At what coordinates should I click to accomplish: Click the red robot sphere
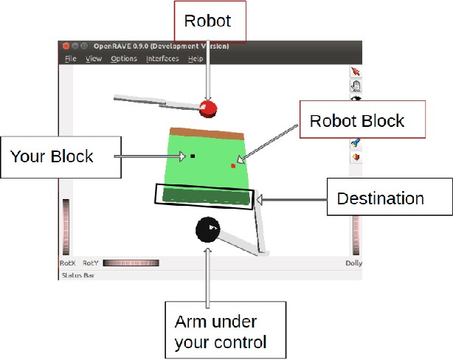(209, 109)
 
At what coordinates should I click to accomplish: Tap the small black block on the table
(192, 156)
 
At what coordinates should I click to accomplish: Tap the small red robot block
(233, 165)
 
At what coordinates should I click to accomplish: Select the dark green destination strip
(204, 196)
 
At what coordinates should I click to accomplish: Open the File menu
(70, 58)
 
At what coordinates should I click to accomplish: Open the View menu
(94, 58)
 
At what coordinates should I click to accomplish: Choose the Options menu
(124, 58)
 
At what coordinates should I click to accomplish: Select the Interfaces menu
(162, 58)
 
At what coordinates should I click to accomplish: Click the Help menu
(196, 58)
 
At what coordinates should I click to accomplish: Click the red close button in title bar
(66, 46)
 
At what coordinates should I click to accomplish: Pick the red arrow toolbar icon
(356, 72)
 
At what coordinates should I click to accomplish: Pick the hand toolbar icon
(356, 86)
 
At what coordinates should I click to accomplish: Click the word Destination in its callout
(380, 198)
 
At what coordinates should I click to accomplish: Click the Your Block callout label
(52, 156)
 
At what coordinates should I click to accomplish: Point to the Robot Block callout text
(357, 120)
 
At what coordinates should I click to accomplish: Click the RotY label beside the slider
(91, 263)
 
